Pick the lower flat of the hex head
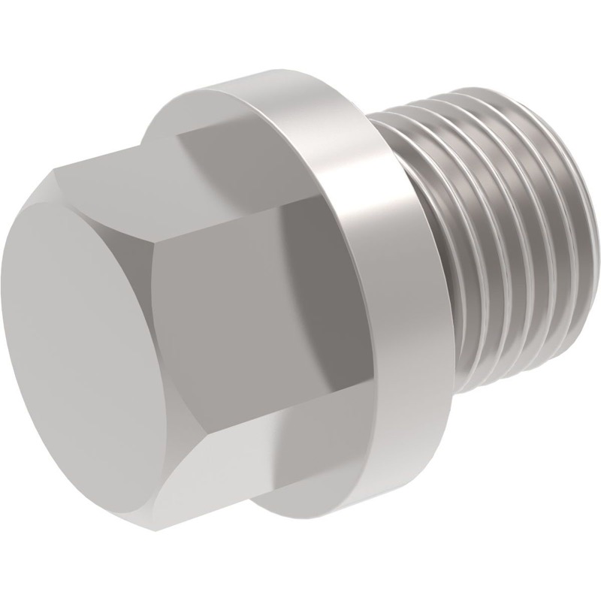pyautogui.click(x=218, y=443)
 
